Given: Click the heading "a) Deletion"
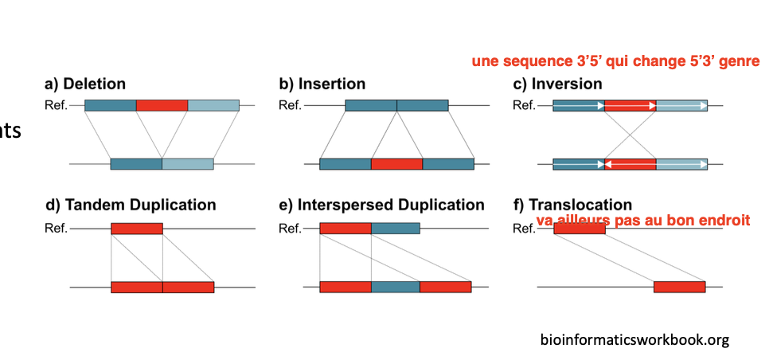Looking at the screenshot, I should point(85,84).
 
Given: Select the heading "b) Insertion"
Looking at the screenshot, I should point(322,84).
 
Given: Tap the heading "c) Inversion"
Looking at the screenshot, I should point(557,84).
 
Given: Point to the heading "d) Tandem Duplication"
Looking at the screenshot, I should point(131,205).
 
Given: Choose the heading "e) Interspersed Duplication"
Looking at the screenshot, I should point(381,205).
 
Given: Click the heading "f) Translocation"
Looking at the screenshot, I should point(572,205).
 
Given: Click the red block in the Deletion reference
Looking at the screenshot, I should point(162,105).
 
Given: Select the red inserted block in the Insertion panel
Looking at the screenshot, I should point(396,164).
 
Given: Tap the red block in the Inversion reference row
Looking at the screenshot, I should point(630,105).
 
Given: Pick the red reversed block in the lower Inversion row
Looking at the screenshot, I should point(630,164).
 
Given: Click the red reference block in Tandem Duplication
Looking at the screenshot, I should point(136,229).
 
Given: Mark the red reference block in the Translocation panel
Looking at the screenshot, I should point(579,229).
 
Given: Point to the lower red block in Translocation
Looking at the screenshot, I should point(679,287).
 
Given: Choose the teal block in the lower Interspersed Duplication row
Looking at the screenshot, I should point(395,287).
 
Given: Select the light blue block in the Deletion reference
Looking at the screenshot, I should point(213,105).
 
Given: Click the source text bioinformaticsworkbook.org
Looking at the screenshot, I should point(634,340).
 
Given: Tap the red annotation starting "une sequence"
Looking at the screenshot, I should point(615,61).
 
